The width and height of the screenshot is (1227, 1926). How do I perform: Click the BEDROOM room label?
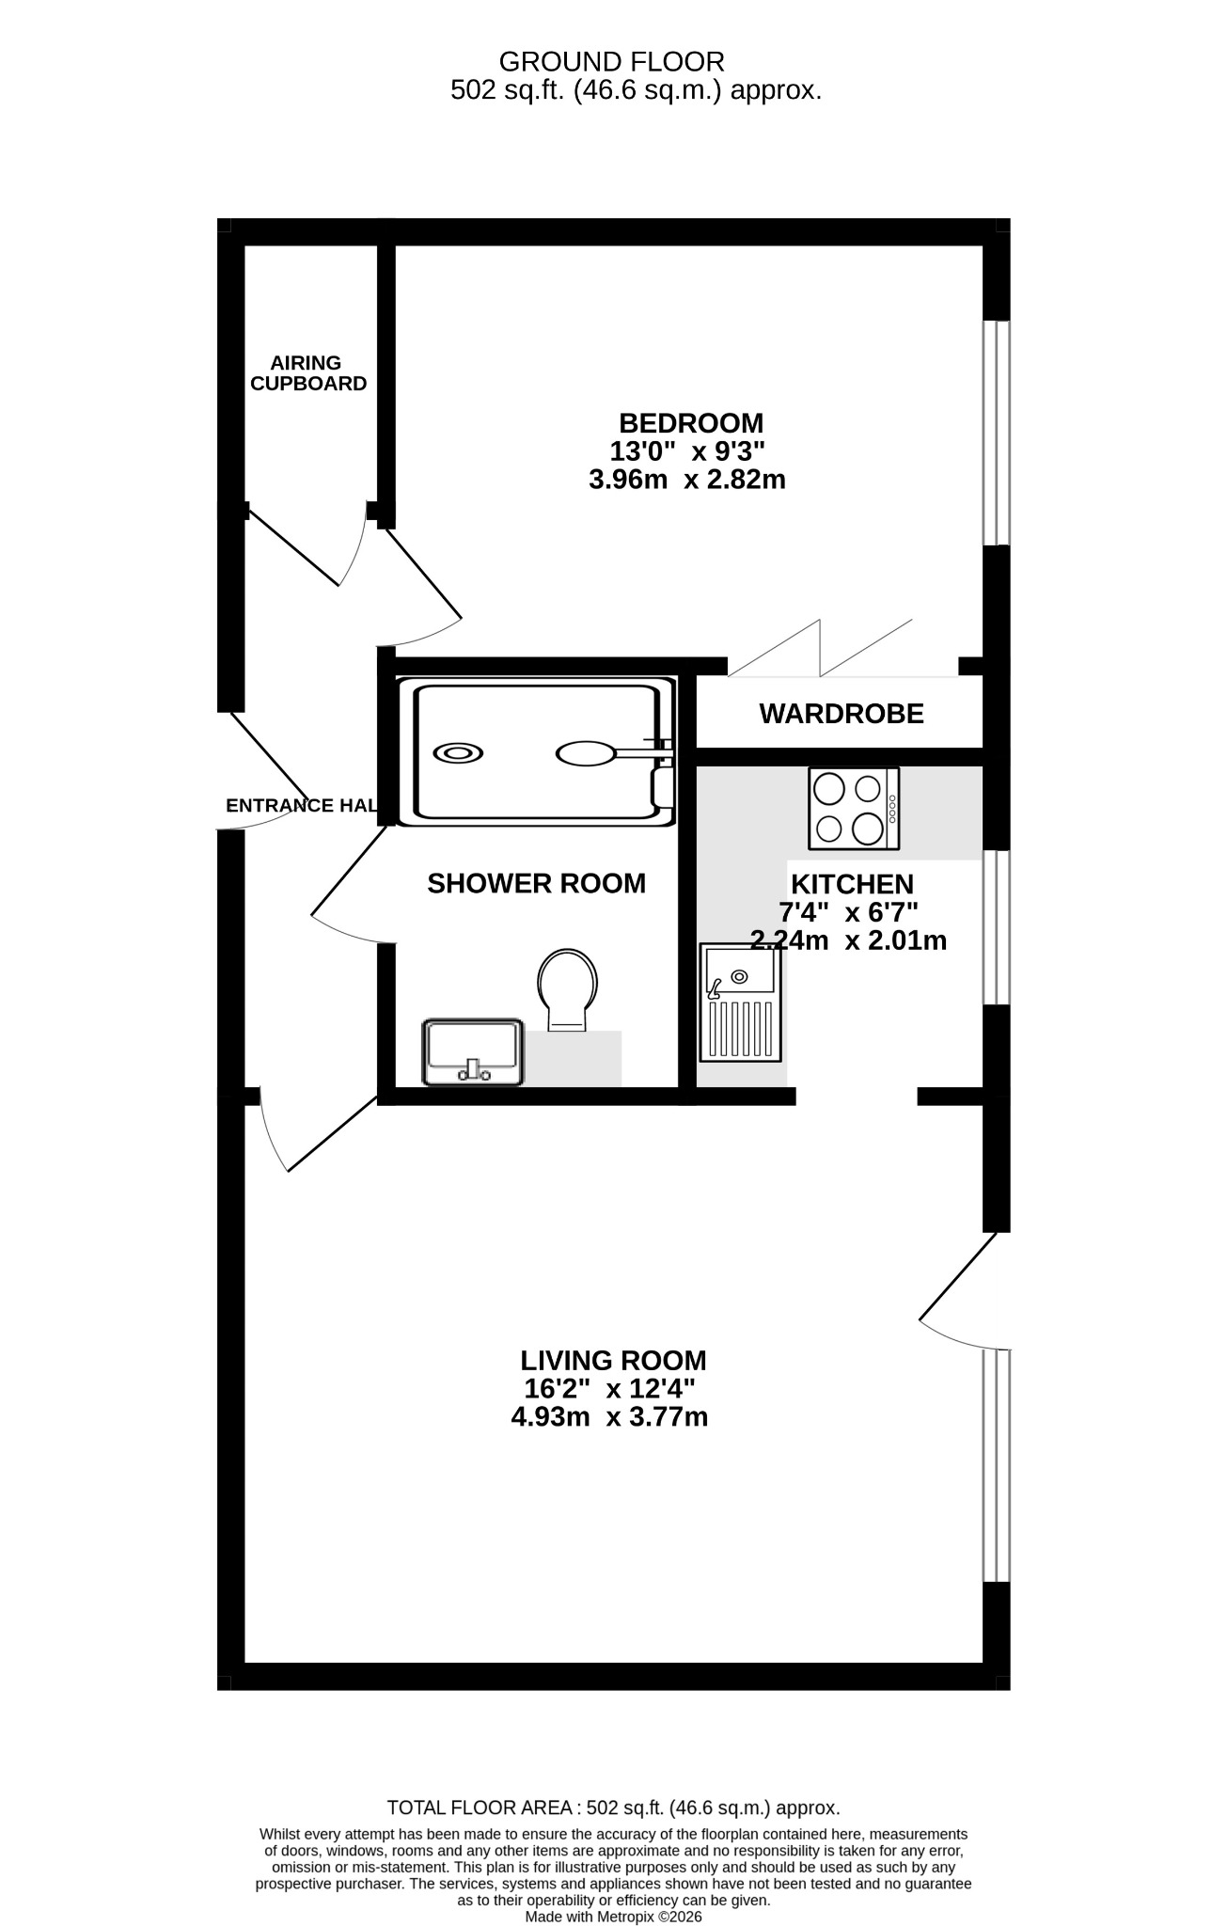point(690,423)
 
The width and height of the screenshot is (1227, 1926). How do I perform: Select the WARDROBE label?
point(842,715)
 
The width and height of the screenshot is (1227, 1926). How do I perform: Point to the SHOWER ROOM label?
point(536,884)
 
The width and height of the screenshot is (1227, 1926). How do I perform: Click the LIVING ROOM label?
point(613,1361)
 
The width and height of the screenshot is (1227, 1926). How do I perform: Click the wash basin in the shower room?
point(474,1052)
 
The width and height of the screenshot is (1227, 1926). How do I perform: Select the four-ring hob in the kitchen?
point(854,808)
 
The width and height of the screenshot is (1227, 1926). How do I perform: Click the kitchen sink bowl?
point(740,971)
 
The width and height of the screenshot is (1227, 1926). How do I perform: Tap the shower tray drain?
point(458,753)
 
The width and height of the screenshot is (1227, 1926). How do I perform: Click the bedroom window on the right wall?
point(997,433)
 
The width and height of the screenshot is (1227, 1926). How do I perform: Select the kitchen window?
point(997,927)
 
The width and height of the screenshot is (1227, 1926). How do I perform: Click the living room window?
point(997,1465)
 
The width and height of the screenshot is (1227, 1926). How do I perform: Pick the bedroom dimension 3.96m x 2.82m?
point(687,480)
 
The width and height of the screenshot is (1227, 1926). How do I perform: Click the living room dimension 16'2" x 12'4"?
point(609,1388)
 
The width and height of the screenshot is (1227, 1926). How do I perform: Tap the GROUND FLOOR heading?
point(612,62)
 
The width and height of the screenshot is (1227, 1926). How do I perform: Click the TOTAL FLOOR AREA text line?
point(614,1808)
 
